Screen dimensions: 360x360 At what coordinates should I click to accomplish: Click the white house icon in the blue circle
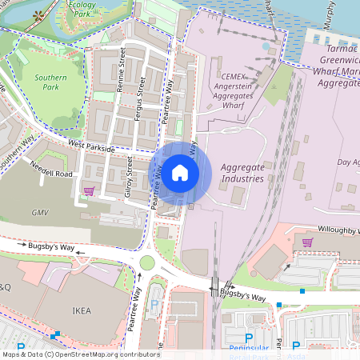[180, 172]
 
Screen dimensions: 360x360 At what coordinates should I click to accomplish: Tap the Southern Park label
[50, 82]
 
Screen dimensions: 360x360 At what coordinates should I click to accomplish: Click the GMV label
[41, 213]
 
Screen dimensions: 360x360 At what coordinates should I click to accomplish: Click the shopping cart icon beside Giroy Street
[89, 191]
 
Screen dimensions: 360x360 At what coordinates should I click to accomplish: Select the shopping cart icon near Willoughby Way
[307, 242]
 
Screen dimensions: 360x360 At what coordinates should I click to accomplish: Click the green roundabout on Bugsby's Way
[147, 262]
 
